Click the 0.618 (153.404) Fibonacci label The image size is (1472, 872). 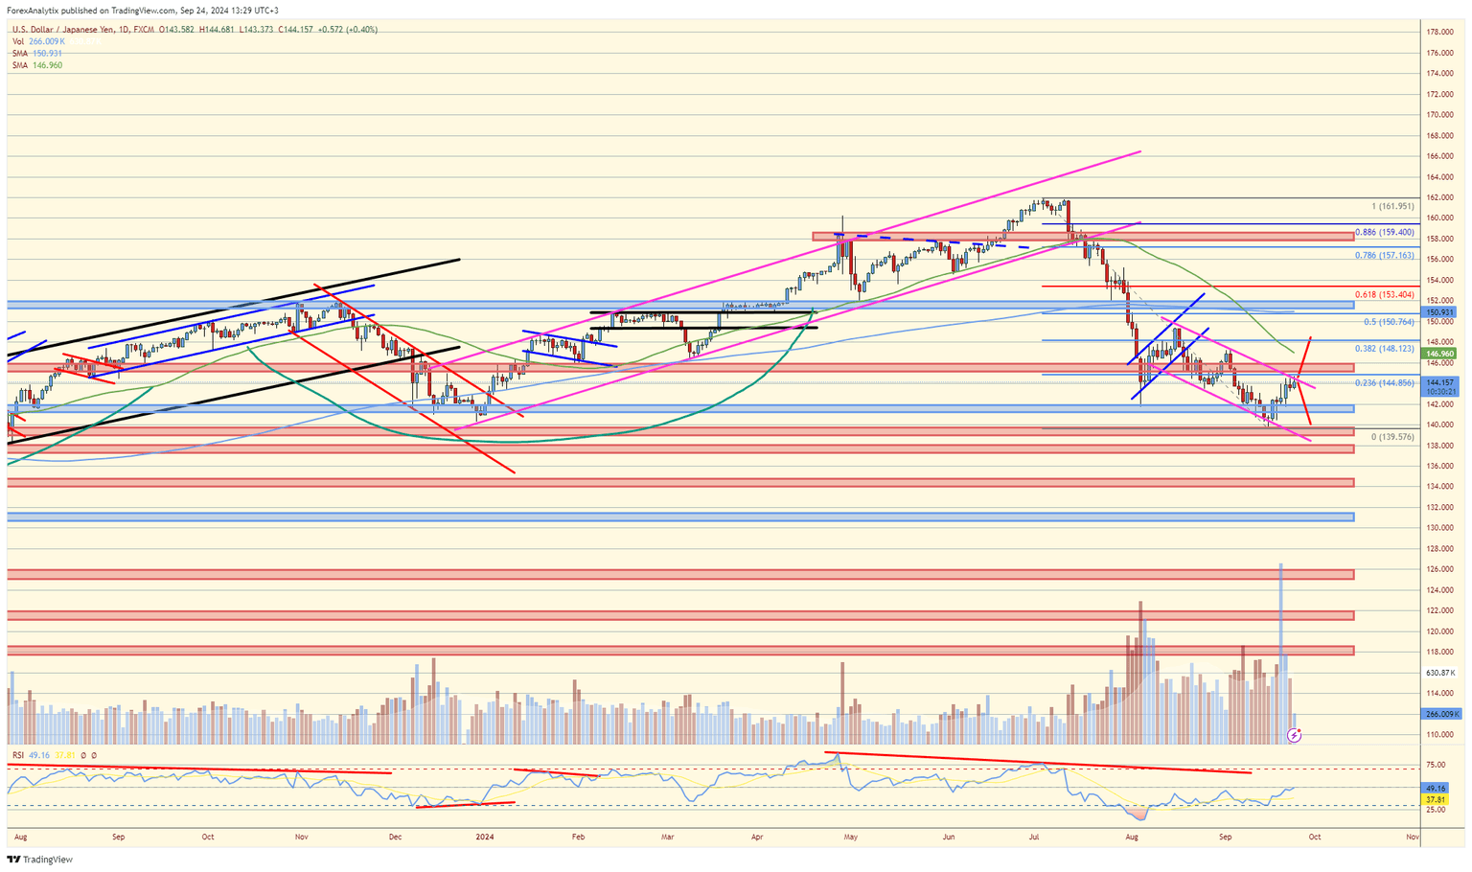tap(1384, 295)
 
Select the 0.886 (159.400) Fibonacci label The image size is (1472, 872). tap(1384, 232)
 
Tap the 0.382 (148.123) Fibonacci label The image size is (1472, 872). tap(1384, 349)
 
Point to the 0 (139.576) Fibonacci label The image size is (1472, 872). tap(1391, 437)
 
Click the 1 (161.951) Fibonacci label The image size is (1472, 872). tap(1392, 206)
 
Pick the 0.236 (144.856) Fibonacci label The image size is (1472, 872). tap(1384, 383)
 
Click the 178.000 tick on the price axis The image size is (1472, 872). tap(1439, 32)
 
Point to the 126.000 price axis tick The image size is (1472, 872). tap(1439, 569)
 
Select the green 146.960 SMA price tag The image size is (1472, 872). tap(1440, 354)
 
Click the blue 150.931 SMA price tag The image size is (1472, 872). tap(1440, 312)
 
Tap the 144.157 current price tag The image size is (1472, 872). tap(1440, 382)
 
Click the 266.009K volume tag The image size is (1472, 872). tap(1441, 714)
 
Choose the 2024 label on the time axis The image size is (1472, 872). tap(485, 837)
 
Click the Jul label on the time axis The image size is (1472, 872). tap(1034, 837)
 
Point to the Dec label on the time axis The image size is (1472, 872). tap(394, 837)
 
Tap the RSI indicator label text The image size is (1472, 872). tap(18, 755)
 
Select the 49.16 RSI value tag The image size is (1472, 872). tap(1436, 789)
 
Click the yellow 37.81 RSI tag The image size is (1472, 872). tap(1436, 799)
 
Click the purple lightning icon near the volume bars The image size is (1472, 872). tap(1294, 735)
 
